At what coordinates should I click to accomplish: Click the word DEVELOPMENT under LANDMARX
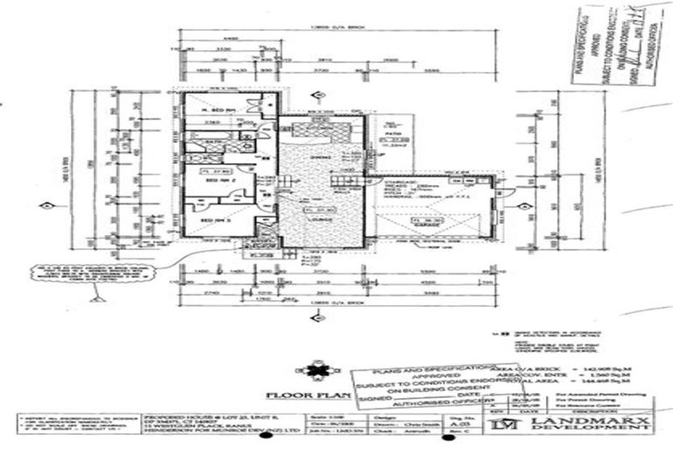pyautogui.click(x=595, y=431)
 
